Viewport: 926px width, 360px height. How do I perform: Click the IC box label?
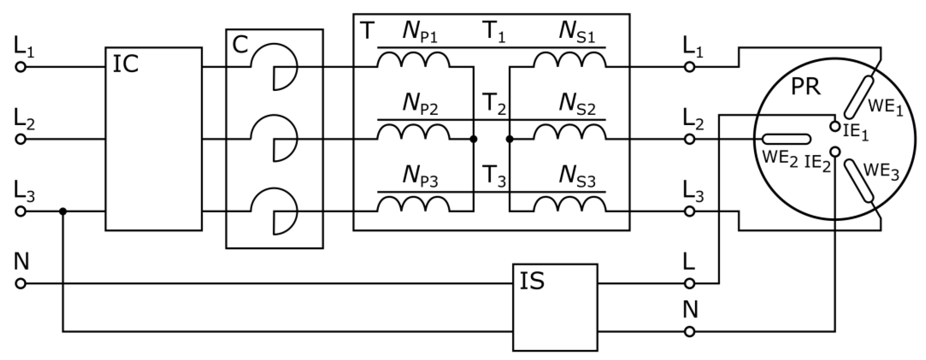coord(125,65)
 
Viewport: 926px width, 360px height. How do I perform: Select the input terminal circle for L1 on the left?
coord(21,67)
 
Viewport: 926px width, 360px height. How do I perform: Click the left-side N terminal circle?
coord(21,284)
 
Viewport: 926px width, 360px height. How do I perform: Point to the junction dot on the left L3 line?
coord(63,211)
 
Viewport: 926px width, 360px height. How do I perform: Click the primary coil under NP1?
coord(413,61)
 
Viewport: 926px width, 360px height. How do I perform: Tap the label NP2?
coord(420,106)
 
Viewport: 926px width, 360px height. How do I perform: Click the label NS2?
coord(577,106)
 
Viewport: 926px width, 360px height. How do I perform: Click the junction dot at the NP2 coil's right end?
coord(474,139)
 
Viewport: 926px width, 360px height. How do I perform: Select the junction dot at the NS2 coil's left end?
coord(509,139)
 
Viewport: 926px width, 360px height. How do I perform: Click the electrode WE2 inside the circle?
coord(787,139)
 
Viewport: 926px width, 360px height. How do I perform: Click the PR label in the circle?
coord(806,87)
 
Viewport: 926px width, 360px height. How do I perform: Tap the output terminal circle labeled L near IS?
coord(689,284)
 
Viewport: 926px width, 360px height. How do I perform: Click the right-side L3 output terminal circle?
coord(689,211)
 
